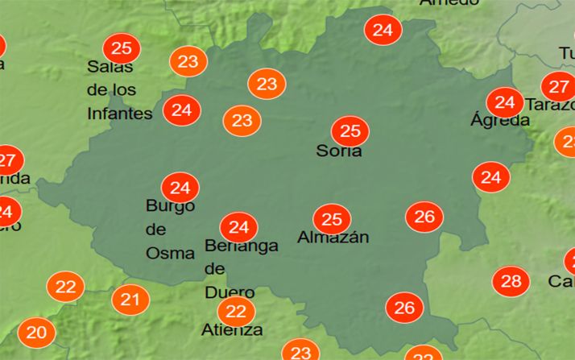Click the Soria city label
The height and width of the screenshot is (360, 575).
[x=339, y=151]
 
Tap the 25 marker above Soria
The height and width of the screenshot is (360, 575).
[x=350, y=130]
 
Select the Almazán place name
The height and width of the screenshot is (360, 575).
[x=333, y=238]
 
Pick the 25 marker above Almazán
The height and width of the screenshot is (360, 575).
[x=332, y=218]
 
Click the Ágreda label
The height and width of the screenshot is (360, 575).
[x=500, y=121]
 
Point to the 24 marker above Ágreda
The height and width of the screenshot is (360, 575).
[x=505, y=102]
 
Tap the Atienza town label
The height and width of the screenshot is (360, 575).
[x=232, y=330]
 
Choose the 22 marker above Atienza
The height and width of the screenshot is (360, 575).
[x=236, y=310]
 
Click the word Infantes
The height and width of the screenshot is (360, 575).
[x=120, y=114]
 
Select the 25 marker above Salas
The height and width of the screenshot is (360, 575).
[x=122, y=48]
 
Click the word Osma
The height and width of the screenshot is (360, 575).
[x=170, y=253]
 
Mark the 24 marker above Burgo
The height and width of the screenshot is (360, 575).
[x=180, y=188]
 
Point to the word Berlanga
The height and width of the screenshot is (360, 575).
[x=242, y=246]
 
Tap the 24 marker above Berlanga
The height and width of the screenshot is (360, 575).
[x=239, y=226]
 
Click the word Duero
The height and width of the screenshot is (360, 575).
[x=230, y=292]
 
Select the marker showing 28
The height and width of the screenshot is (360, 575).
[x=511, y=281]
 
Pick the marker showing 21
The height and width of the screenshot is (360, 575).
[x=130, y=300]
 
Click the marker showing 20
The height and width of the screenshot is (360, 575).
[x=36, y=332]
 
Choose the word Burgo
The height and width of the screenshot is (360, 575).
[x=170, y=206]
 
